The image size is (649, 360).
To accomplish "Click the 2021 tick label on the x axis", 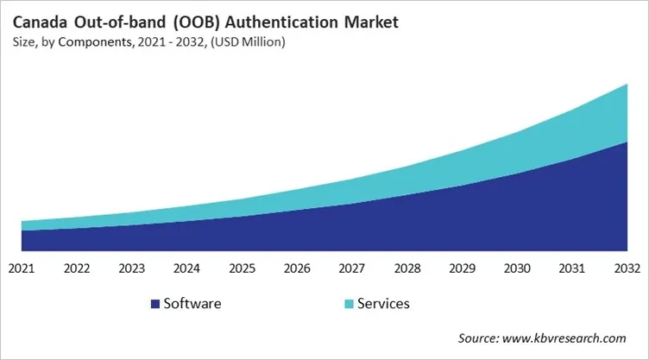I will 22,268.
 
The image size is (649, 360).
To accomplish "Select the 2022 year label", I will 77,268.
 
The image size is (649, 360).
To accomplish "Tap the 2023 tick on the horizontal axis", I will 132,268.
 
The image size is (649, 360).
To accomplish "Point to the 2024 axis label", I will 187,268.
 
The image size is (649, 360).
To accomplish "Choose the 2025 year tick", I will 243,268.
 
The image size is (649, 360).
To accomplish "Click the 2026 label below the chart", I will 298,268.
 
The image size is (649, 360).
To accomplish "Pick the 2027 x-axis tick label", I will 352,268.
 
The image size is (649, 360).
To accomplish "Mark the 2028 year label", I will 407,268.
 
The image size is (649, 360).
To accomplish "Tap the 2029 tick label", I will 463,268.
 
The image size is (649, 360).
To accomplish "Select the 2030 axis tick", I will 518,268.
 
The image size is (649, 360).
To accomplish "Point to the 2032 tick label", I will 627,268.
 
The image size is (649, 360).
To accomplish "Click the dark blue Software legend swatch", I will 155,304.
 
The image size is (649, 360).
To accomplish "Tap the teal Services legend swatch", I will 348,304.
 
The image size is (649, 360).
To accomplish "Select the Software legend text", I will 192,304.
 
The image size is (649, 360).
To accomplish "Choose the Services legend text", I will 382,304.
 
